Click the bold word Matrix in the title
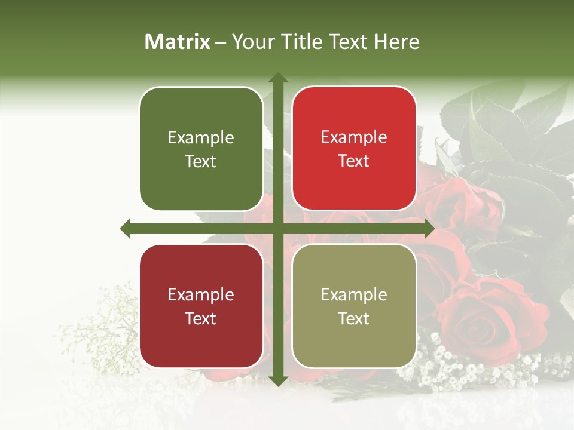click(178, 42)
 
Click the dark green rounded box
click(201, 149)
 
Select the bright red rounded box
click(354, 149)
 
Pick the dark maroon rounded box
click(201, 306)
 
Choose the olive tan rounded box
click(354, 306)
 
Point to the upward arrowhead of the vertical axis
click(278, 78)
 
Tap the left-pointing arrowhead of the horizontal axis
click(126, 228)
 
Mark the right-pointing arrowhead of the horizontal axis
click(429, 228)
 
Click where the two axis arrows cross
click(278, 228)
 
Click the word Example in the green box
click(201, 138)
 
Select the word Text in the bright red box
click(354, 161)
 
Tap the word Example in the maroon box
click(201, 295)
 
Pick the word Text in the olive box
click(354, 318)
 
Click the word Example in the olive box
click(354, 295)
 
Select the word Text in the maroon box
click(201, 318)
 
